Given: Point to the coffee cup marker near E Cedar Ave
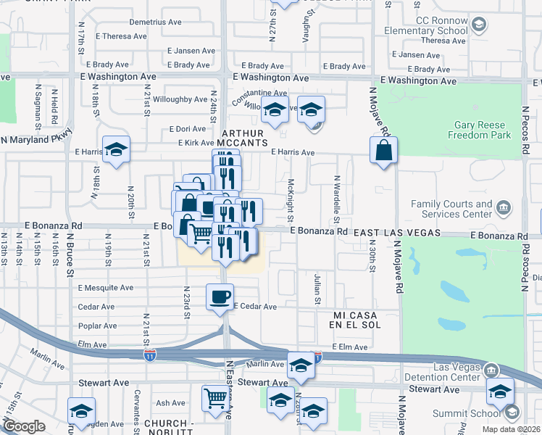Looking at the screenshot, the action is (x=220, y=296).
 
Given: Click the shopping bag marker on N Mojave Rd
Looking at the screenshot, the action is (x=383, y=150).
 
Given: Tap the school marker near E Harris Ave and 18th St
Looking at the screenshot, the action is (x=116, y=149).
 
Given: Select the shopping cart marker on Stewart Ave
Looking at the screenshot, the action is (x=215, y=397).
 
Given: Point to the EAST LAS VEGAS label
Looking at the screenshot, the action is (x=398, y=232).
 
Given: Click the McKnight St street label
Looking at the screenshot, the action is (x=291, y=201).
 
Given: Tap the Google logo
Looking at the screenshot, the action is (x=24, y=426).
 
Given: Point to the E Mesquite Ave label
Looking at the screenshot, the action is (x=106, y=288).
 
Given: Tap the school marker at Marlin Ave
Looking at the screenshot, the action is (x=300, y=364).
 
